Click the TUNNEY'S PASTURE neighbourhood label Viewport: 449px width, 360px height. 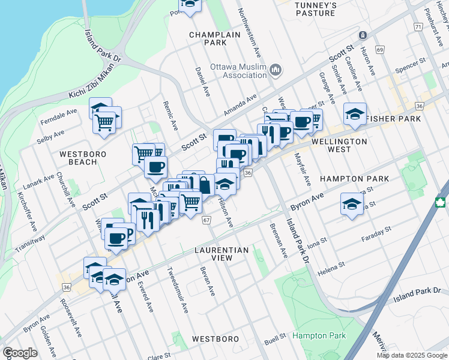[315, 8]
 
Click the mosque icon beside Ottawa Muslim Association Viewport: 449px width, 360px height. [276, 71]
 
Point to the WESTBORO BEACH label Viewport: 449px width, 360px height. [78, 158]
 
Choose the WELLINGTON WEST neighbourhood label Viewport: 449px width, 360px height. [339, 142]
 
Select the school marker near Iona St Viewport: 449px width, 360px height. [352, 203]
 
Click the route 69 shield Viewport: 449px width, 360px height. [380, 49]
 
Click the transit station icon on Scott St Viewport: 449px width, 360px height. [363, 35]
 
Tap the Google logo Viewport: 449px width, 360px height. [19, 353]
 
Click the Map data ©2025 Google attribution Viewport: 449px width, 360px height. [411, 355]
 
